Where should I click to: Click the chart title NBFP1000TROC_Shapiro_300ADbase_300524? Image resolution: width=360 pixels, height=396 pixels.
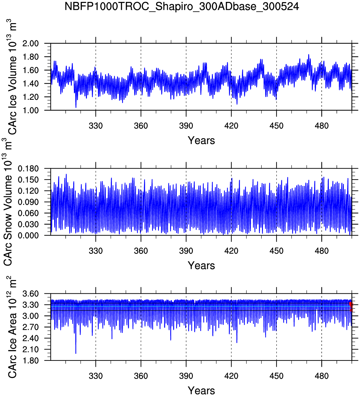(182, 6)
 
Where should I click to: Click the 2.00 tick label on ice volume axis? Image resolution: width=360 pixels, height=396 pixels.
(30, 43)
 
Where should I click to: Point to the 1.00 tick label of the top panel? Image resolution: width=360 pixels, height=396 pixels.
(30, 110)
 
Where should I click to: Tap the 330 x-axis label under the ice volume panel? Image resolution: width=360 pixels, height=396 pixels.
(95, 126)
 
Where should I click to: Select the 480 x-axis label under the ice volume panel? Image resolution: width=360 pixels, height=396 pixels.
(322, 126)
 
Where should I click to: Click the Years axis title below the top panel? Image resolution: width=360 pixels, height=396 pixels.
(201, 140)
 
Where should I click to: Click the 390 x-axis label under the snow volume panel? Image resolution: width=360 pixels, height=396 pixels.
(186, 251)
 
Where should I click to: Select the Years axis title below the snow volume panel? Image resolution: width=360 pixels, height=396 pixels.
(201, 265)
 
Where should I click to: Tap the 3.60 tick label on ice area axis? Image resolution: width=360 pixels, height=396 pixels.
(30, 294)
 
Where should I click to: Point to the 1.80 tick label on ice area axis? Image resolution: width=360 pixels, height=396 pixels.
(30, 361)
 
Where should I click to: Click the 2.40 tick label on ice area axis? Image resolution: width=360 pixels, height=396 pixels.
(30, 338)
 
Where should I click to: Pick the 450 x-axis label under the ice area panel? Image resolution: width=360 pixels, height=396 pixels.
(276, 376)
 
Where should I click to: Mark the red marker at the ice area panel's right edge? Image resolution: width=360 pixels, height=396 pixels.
(350, 304)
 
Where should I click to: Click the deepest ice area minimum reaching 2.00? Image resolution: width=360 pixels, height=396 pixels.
(76, 353)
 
